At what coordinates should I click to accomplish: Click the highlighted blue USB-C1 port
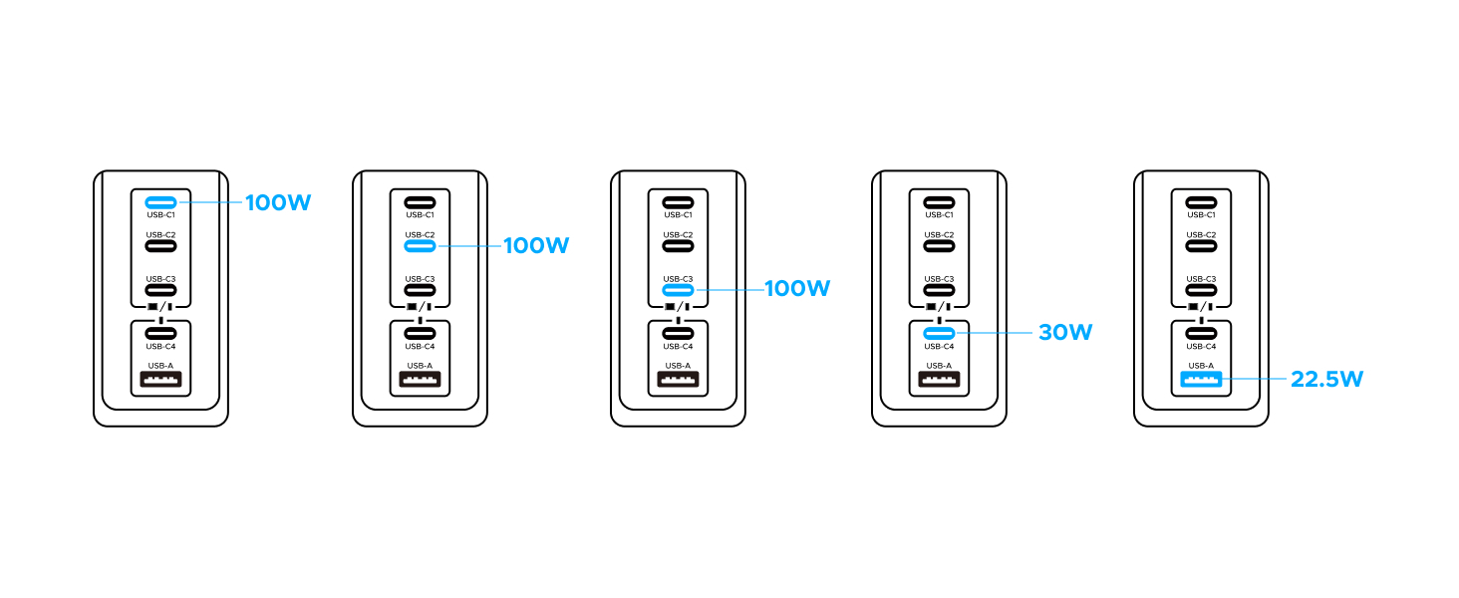click(160, 202)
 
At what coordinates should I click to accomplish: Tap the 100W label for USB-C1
click(278, 202)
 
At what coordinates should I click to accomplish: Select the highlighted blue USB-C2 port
click(421, 246)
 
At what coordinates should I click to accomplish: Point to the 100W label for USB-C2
click(536, 245)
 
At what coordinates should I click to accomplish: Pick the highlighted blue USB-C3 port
click(678, 290)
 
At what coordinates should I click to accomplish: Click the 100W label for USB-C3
click(797, 289)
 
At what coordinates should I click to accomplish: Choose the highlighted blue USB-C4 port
click(939, 333)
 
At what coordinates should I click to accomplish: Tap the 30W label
click(1065, 332)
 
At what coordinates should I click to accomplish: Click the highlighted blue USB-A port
click(1201, 379)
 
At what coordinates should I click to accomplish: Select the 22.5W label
click(1326, 379)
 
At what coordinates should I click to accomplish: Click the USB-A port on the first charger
click(160, 379)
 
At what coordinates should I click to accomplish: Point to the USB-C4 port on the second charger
click(421, 333)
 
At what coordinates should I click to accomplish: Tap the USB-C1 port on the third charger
click(678, 202)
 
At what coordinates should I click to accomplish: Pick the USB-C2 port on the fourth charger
click(939, 246)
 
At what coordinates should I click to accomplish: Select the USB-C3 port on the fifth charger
click(1201, 290)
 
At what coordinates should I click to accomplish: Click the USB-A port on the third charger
click(678, 379)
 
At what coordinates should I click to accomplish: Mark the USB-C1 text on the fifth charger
click(1201, 215)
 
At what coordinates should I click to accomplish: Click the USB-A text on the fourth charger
click(939, 366)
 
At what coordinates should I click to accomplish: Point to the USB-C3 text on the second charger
click(421, 279)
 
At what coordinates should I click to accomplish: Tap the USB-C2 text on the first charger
click(160, 234)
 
